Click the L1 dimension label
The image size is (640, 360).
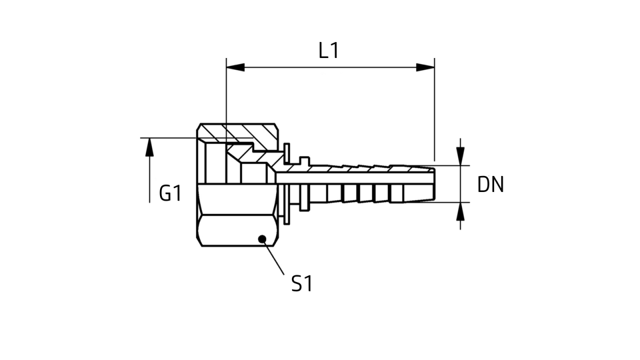click(x=328, y=50)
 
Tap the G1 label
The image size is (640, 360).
click(x=170, y=193)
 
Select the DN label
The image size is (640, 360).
click(x=490, y=184)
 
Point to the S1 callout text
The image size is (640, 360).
click(x=302, y=283)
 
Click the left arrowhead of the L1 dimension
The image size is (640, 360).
click(x=235, y=67)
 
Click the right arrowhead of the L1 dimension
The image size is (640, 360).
click(x=425, y=67)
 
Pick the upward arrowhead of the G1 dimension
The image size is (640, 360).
click(x=149, y=147)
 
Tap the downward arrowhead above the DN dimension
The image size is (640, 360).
click(x=460, y=156)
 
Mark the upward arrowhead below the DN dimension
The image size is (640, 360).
click(x=460, y=211)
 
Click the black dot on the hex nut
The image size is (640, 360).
click(x=262, y=239)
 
